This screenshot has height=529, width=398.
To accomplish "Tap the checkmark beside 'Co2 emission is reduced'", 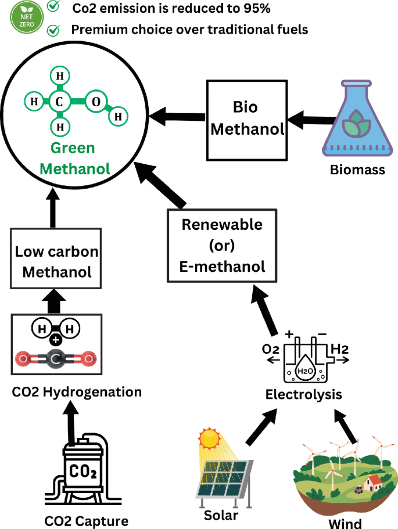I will pyautogui.click(x=54, y=8).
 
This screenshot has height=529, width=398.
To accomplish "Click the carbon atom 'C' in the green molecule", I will pyautogui.click(x=59, y=102).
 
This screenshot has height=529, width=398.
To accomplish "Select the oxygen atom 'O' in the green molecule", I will pyautogui.click(x=96, y=102).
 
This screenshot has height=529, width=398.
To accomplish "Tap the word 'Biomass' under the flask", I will pyautogui.click(x=357, y=170).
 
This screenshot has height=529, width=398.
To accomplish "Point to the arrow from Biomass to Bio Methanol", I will pyautogui.click(x=305, y=122).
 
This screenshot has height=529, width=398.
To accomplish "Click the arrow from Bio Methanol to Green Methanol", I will pyautogui.click(x=181, y=114).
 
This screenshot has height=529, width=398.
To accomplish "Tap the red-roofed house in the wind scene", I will pyautogui.click(x=373, y=481).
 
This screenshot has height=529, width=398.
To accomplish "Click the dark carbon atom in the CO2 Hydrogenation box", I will pyautogui.click(x=57, y=359).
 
